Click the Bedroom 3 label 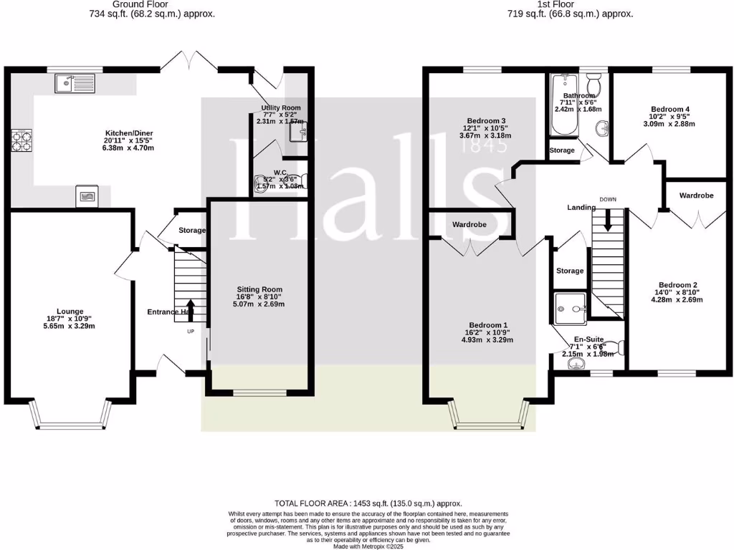click(486, 120)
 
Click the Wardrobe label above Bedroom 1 click(470, 224)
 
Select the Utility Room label click(280, 108)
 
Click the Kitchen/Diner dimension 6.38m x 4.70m click(130, 148)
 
